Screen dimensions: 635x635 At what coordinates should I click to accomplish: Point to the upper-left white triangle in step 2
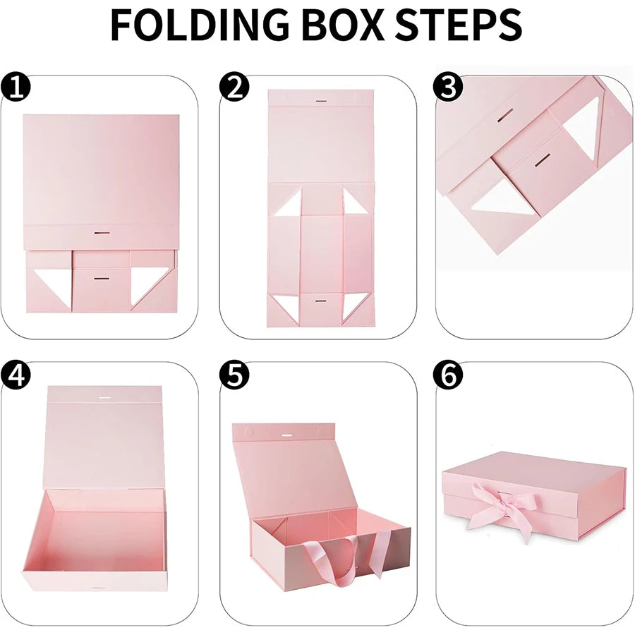pos(289,205)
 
